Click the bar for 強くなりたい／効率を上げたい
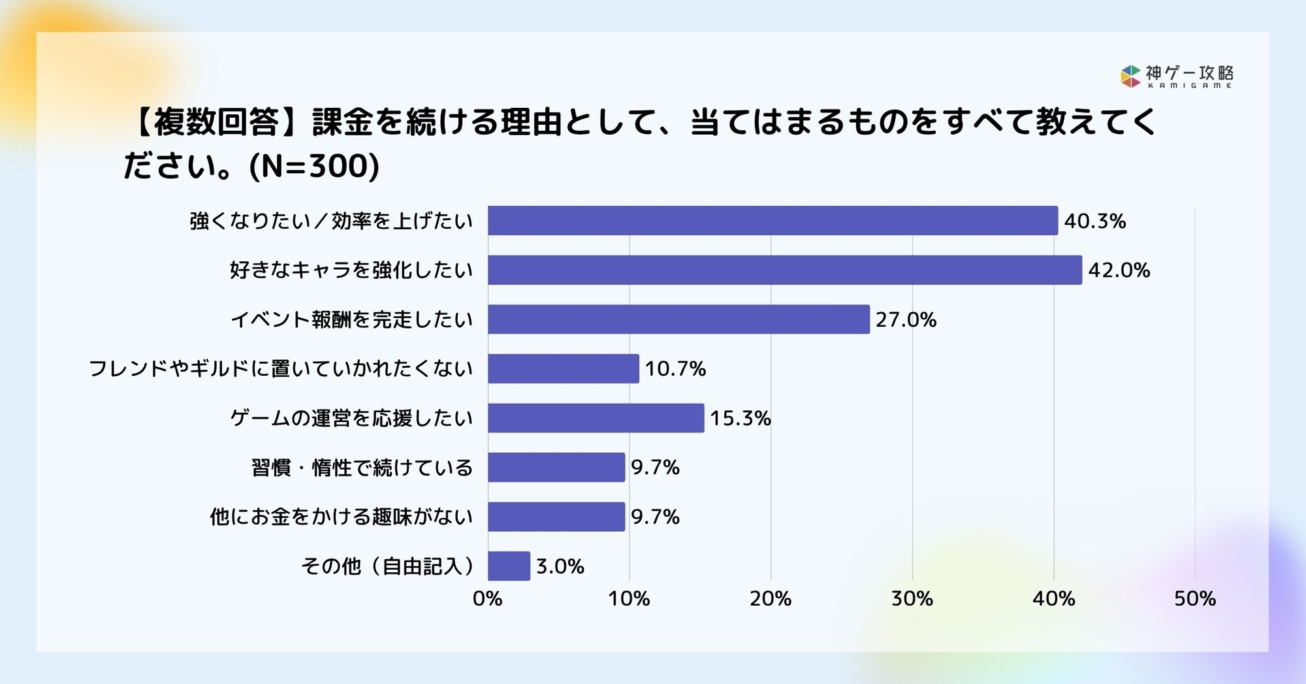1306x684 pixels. [x=772, y=221]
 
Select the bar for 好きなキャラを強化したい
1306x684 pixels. [x=784, y=270]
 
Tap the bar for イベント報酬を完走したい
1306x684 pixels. [x=678, y=319]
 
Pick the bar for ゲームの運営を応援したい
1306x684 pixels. [x=596, y=418]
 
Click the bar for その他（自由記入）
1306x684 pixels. [x=509, y=566]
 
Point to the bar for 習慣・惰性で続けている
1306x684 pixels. [x=556, y=467]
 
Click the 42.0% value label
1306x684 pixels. [x=1119, y=270]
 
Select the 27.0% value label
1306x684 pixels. [x=906, y=319]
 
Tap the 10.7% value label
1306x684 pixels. [x=675, y=369]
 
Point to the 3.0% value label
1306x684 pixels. [x=560, y=566]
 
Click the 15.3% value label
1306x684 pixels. [x=740, y=418]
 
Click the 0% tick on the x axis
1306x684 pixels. [x=487, y=599]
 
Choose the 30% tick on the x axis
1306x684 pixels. [x=912, y=599]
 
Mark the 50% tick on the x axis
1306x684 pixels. [x=1194, y=599]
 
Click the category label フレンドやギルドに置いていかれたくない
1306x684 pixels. [x=281, y=369]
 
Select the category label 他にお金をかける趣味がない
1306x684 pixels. [x=341, y=517]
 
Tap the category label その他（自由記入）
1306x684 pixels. [x=388, y=566]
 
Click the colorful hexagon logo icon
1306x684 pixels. [x=1130, y=76]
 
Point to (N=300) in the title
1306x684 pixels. [x=314, y=166]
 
